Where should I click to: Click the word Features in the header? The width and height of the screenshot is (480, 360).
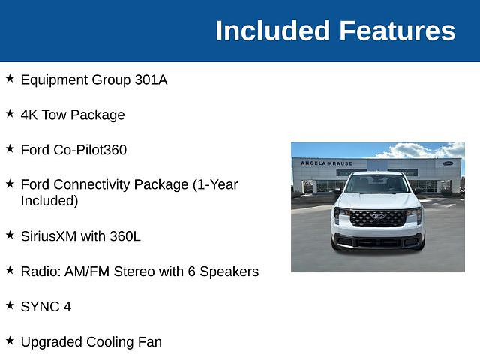coord(397,31)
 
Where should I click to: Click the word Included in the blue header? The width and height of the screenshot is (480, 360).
coord(273,31)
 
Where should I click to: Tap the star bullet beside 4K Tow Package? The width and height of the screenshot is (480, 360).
coord(10,113)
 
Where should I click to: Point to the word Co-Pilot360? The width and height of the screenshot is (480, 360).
coord(90,150)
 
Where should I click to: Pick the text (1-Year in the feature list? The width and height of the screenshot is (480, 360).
coord(215,185)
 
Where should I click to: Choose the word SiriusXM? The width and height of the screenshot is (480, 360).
coord(49,236)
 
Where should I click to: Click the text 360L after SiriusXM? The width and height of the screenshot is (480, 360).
coord(125,236)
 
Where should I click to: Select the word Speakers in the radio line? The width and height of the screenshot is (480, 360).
coord(229,271)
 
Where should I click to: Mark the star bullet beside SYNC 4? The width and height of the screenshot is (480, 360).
coord(10,305)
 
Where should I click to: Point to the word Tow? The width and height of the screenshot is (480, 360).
coord(53,115)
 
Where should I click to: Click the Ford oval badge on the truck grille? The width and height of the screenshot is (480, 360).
coord(378,217)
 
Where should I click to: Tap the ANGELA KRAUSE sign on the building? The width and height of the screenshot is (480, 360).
coord(327,163)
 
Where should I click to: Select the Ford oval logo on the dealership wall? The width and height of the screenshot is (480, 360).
coord(448,163)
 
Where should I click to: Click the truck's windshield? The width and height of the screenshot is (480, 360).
coord(377,184)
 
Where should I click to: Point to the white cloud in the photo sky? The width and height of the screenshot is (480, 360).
coord(422,151)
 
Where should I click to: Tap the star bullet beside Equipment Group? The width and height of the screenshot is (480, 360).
coord(10,78)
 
